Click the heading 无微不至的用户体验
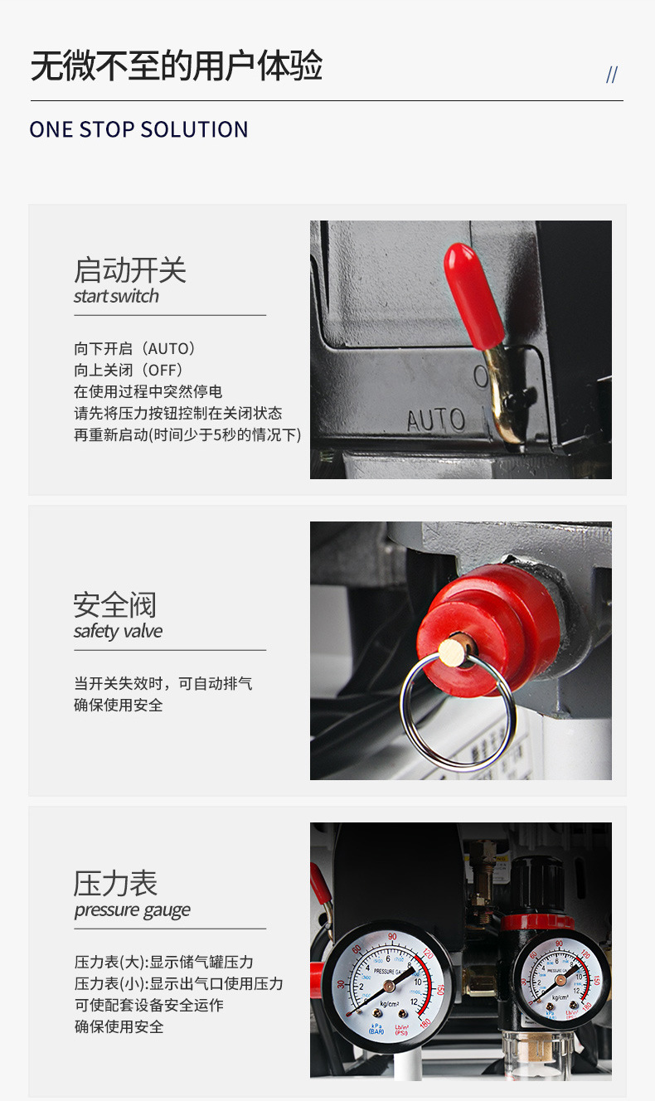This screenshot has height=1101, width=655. tap(177, 66)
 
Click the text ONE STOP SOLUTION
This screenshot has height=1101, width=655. tap(138, 130)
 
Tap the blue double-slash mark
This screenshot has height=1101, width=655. tap(612, 75)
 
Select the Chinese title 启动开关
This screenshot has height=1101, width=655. tap(130, 270)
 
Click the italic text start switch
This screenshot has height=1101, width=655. tap(116, 296)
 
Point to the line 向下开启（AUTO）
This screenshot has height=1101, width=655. tap(135, 349)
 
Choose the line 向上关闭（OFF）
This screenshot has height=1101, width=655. tap(129, 371)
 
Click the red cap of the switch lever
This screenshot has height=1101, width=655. tap(473, 294)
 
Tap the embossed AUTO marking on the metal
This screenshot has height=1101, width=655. tap(436, 420)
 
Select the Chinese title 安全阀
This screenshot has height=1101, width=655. tap(114, 605)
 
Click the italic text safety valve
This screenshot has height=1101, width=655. tap(118, 632)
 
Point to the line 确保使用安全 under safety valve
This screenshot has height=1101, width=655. tap(119, 706)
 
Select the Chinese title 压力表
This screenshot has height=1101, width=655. tap(115, 884)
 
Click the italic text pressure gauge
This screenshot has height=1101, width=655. tap(132, 910)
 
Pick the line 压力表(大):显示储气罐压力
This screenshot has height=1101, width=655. tap(164, 963)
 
